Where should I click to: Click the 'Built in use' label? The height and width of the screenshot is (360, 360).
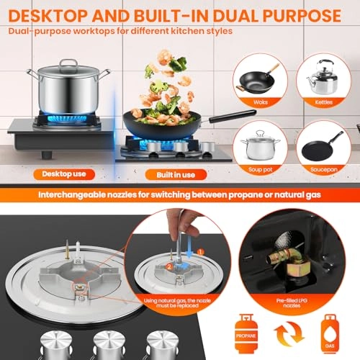169,174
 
